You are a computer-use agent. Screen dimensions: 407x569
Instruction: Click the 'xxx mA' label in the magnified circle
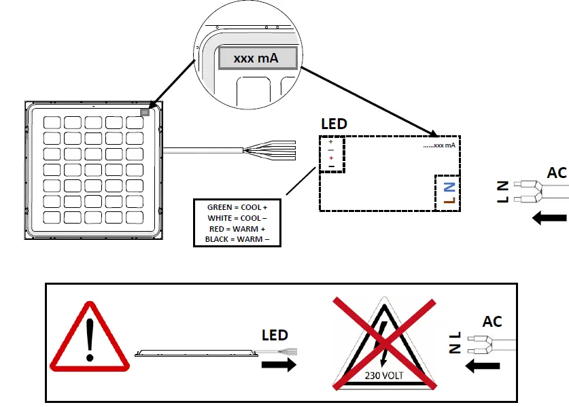pos(256,59)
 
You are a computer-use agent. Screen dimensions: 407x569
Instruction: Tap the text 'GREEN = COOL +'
pos(237,207)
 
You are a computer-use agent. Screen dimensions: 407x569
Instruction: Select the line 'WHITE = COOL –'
pos(237,217)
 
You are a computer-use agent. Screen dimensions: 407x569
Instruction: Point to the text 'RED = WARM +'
pos(237,229)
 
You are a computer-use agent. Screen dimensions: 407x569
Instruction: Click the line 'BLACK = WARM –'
pos(237,240)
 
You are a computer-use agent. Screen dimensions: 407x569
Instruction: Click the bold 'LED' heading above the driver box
pos(334,124)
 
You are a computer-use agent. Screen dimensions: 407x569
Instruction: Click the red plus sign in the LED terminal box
pos(331,158)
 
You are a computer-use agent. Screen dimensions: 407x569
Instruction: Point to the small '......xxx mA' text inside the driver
pos(438,145)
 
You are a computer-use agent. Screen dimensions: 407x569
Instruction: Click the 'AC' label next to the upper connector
pos(557,173)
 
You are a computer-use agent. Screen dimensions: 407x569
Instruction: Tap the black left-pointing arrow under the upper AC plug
pos(549,218)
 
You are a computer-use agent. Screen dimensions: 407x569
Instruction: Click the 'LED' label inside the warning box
pos(275,335)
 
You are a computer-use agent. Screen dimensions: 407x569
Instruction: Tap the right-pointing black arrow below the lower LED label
pos(279,365)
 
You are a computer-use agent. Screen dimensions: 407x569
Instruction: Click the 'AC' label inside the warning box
pos(492,321)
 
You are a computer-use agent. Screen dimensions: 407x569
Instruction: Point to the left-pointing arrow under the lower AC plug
pos(482,366)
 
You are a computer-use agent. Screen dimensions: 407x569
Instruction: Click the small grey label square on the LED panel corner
pos(145,112)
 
